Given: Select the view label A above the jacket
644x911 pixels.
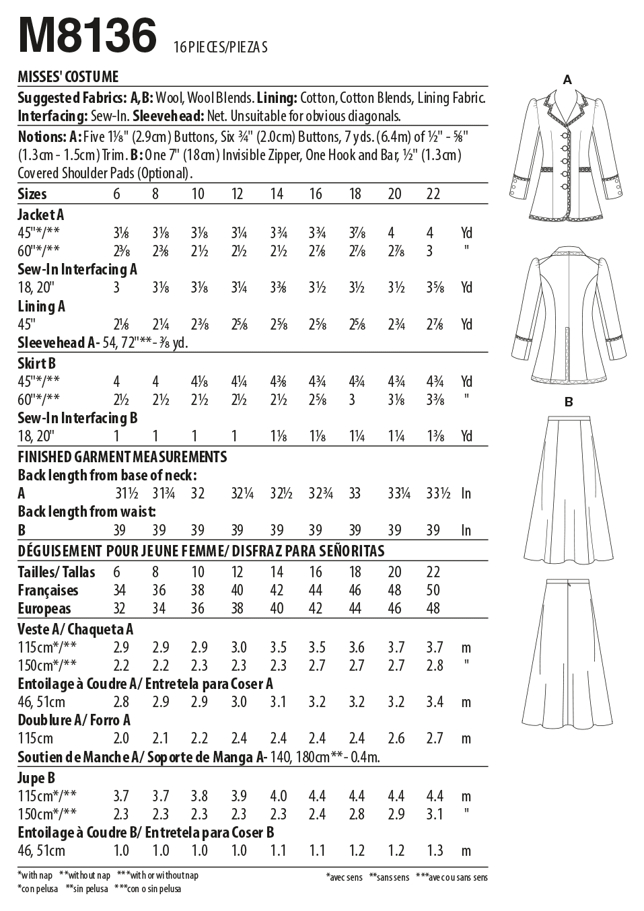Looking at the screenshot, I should pyautogui.click(x=567, y=80).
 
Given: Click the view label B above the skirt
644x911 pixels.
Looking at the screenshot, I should pyautogui.click(x=569, y=402).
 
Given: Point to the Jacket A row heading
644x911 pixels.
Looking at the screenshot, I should pyautogui.click(x=41, y=215).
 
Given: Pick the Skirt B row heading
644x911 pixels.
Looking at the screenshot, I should pyautogui.click(x=37, y=363).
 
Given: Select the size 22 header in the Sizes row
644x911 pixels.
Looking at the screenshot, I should pyautogui.click(x=433, y=194).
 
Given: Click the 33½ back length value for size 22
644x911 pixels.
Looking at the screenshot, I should pyautogui.click(x=438, y=493).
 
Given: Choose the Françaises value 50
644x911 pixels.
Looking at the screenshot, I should pyautogui.click(x=433, y=590).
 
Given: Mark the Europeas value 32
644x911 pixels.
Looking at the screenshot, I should pyautogui.click(x=121, y=608).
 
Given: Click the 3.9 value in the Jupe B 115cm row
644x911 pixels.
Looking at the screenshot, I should pyautogui.click(x=238, y=796).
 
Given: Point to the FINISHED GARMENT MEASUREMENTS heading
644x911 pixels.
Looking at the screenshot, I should pyautogui.click(x=122, y=457).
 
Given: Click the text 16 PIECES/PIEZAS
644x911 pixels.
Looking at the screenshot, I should pyautogui.click(x=220, y=47).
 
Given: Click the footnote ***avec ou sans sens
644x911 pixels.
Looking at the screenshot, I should pyautogui.click(x=452, y=877).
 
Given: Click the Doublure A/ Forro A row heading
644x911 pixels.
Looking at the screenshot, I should pyautogui.click(x=74, y=720).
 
